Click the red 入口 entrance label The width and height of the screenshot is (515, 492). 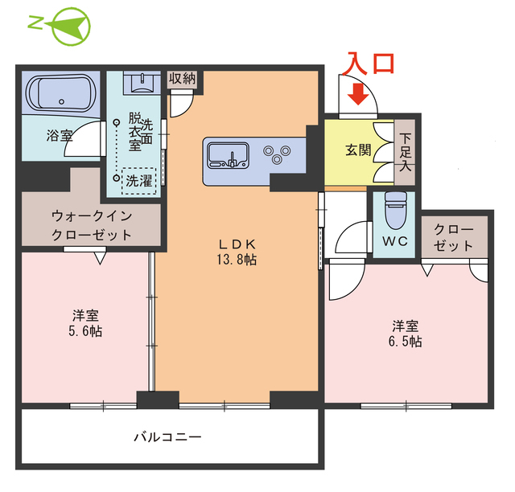[370, 63]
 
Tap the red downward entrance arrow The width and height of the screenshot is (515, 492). [358, 96]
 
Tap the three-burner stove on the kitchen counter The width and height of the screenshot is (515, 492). [278, 153]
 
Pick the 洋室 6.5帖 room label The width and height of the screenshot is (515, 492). [406, 334]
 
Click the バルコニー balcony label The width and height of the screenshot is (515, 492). [167, 438]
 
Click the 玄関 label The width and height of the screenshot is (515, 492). [359, 150]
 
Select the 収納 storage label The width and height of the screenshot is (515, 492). [183, 78]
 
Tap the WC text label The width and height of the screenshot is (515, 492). [395, 241]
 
